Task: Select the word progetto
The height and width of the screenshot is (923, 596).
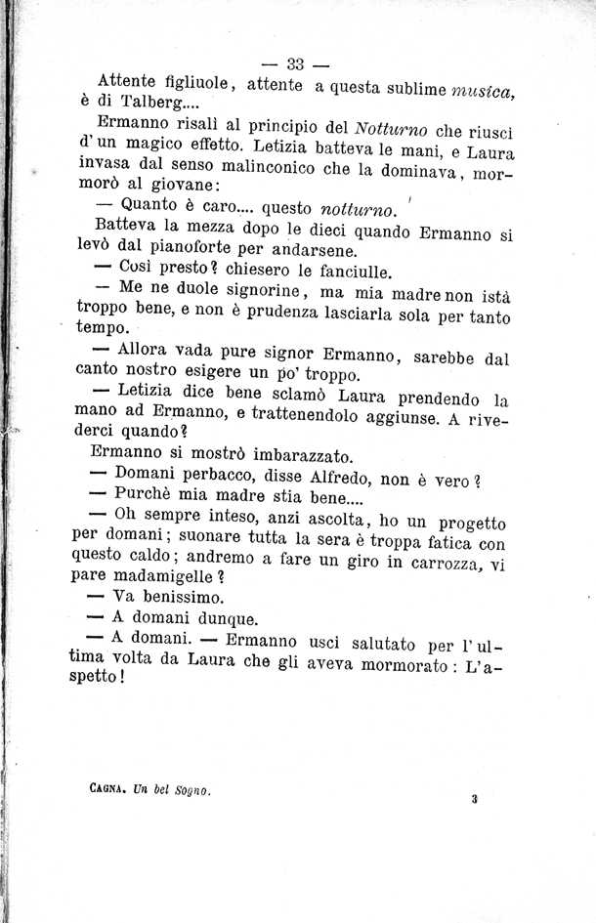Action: click(x=462, y=525)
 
